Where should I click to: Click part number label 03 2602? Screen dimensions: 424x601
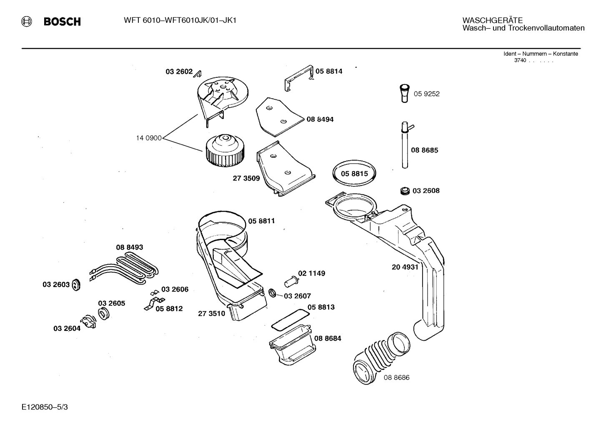point(179,72)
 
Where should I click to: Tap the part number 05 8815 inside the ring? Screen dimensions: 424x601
point(354,174)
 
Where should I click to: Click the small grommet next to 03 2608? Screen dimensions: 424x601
point(404,191)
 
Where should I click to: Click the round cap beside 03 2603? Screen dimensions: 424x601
point(75,285)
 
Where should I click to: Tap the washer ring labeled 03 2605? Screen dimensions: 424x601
point(104,314)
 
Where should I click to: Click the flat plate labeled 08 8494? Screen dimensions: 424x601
point(277,117)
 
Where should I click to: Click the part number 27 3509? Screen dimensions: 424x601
point(246,179)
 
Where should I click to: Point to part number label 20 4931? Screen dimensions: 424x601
point(405,267)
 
